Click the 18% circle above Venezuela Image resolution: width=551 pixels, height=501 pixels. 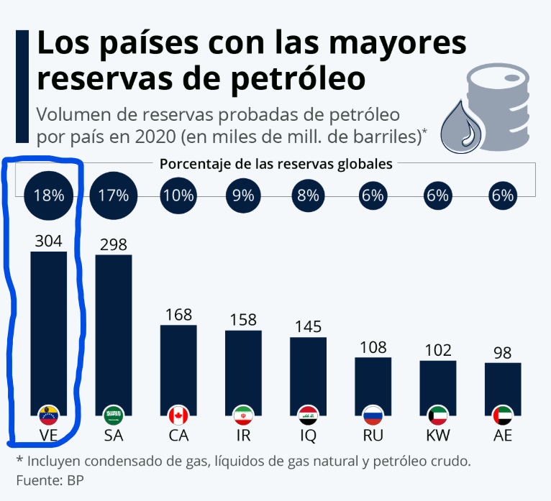point(48,196)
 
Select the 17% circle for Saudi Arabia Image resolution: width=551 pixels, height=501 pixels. point(114,196)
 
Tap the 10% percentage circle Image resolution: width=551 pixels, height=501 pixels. point(178,196)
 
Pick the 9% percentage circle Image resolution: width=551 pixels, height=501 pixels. point(243,196)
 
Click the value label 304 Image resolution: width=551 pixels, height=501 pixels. point(48,241)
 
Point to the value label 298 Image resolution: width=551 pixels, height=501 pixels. point(114,244)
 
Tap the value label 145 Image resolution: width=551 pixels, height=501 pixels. point(308,326)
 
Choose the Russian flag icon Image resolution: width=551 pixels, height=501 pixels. point(373,415)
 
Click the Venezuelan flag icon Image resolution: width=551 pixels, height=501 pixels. point(48,415)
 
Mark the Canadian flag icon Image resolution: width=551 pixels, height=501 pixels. point(178,415)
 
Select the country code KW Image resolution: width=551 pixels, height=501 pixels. point(437,436)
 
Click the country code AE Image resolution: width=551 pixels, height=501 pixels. point(502,436)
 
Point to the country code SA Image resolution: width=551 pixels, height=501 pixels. point(114,436)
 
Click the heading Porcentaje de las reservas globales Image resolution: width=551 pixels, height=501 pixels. point(275,163)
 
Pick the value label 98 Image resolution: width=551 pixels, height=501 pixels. point(502,353)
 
